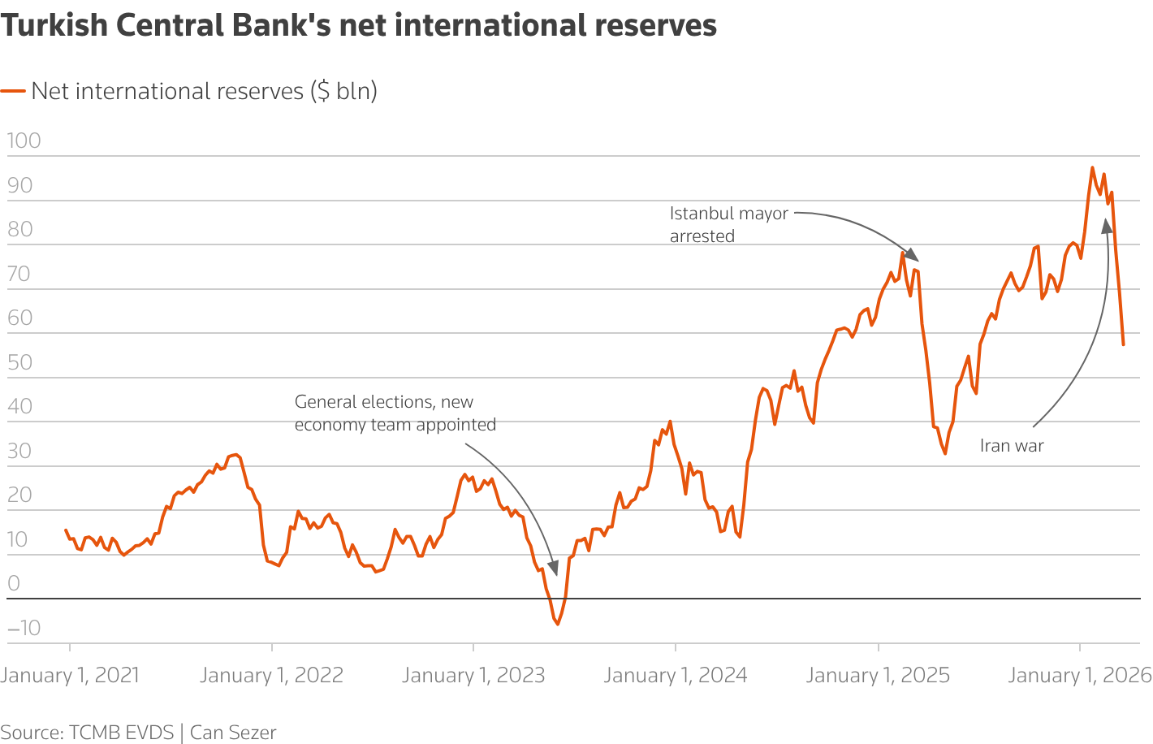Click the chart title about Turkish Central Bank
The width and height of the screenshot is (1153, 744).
[358, 25]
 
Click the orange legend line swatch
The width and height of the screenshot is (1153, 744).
[13, 91]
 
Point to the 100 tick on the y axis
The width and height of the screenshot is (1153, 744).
[24, 141]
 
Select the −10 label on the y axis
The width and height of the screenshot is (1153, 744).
[24, 627]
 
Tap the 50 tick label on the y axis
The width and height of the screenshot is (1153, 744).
[20, 362]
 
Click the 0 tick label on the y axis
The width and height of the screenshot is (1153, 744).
[13, 583]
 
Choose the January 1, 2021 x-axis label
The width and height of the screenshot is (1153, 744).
[70, 675]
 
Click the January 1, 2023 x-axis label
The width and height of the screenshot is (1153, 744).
[473, 675]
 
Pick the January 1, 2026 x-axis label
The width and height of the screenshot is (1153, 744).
[1079, 675]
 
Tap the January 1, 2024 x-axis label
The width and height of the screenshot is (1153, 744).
[676, 675]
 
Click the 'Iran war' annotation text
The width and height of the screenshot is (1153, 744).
[1012, 446]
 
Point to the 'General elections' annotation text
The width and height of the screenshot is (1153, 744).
[395, 413]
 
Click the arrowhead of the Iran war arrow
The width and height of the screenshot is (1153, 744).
[1106, 226]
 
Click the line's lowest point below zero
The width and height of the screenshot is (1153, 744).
[558, 624]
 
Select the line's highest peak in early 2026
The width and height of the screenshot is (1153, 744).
[1092, 168]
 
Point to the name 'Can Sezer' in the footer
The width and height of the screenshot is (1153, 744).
[233, 733]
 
